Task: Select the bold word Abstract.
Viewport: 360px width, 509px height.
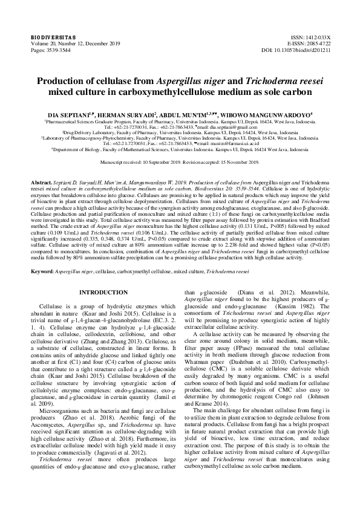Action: (41, 182)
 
